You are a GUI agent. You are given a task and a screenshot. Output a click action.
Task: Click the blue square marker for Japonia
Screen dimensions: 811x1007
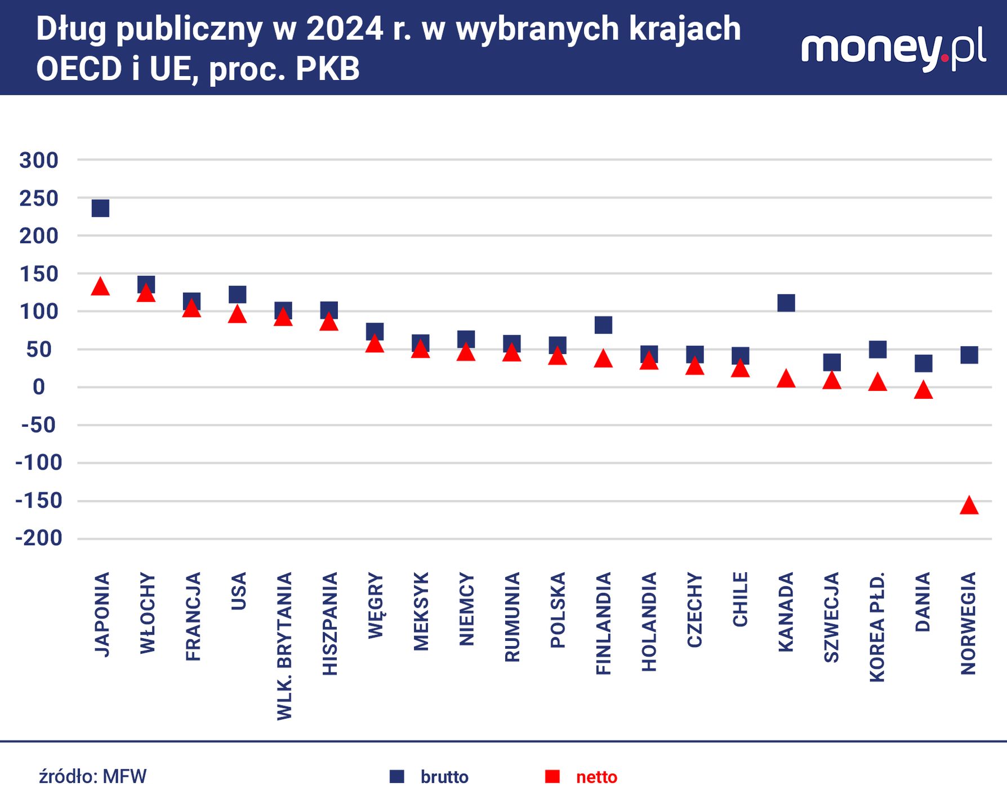click(100, 208)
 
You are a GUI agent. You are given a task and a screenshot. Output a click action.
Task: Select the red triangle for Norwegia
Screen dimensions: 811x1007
click(969, 506)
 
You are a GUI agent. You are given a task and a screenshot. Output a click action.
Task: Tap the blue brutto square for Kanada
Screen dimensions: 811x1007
click(786, 303)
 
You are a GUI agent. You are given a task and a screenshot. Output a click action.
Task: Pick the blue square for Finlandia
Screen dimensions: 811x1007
click(603, 325)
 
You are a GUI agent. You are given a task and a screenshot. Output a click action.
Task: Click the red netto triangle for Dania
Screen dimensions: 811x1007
click(923, 390)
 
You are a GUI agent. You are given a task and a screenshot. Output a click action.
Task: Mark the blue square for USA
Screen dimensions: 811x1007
click(238, 295)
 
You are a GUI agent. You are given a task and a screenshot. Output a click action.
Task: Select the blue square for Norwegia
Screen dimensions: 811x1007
click(969, 355)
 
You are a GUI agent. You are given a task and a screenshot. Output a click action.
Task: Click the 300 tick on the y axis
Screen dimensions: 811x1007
click(39, 161)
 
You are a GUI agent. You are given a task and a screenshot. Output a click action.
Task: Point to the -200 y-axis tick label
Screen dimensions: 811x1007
click(39, 538)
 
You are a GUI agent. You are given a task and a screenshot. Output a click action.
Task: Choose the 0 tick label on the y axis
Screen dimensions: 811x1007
click(39, 387)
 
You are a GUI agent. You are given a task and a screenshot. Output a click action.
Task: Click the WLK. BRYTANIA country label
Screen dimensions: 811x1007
click(285, 646)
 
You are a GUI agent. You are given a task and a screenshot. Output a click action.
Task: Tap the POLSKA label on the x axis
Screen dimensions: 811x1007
click(558, 610)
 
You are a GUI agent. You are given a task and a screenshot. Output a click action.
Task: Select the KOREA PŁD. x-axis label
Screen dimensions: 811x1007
click(877, 627)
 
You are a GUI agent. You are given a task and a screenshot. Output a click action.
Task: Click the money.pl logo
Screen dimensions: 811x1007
click(893, 50)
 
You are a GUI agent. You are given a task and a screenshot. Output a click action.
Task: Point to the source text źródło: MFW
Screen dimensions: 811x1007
click(93, 777)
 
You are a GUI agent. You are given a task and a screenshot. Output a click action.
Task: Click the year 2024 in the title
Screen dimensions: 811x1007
click(345, 29)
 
